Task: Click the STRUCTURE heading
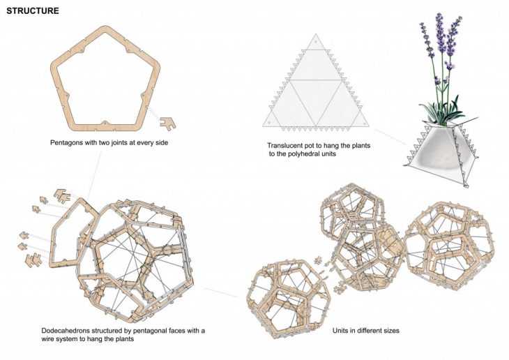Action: tap(33, 11)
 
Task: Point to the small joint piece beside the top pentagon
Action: tap(167, 123)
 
